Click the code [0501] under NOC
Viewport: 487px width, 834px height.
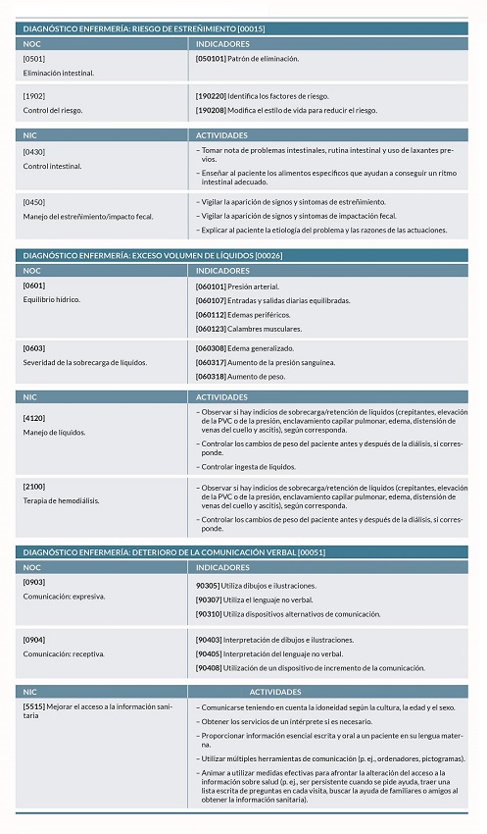click(33, 59)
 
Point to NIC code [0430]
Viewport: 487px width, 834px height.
click(33, 151)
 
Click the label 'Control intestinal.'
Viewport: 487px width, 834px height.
click(52, 166)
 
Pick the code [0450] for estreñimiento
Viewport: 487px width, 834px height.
click(33, 202)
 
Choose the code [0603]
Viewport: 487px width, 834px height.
click(33, 347)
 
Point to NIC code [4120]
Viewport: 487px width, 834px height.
click(33, 417)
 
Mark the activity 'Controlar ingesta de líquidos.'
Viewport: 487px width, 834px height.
click(249, 467)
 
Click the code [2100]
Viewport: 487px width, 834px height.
click(33, 487)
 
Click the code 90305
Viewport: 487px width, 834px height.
click(208, 586)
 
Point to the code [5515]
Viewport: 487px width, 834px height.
click(33, 706)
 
